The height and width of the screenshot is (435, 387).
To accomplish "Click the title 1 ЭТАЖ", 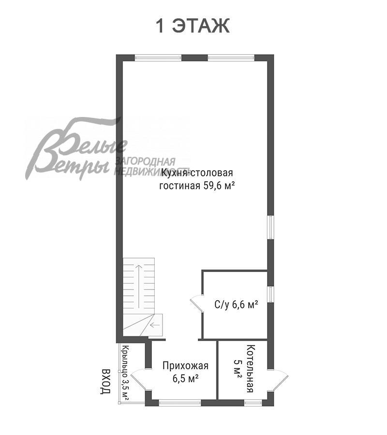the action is coord(193,26).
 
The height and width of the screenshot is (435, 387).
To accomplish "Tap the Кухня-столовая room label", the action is coord(197,173).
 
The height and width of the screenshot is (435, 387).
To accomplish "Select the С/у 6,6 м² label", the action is coord(237,304).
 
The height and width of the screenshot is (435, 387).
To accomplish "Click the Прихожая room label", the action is coord(185,366).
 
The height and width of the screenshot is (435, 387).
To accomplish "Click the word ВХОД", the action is coord(105,381).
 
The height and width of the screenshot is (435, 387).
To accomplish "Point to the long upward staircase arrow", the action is coord(138,286).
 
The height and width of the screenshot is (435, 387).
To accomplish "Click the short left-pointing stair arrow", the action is coord(155,325).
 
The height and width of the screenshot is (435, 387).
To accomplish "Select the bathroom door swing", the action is coord(196,304).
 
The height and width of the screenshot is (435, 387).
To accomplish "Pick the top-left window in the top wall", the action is coord(158,58).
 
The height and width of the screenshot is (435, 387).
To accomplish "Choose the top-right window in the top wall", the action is coord(231,58).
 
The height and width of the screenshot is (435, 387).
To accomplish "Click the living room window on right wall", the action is coord(271,227).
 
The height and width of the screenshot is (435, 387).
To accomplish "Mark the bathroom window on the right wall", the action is coord(271,294).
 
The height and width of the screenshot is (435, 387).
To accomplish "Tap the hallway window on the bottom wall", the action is coord(180,403).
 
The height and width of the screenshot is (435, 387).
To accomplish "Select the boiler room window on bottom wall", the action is coord(253,403).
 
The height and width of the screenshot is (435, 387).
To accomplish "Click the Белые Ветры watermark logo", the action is coord(76,150).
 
